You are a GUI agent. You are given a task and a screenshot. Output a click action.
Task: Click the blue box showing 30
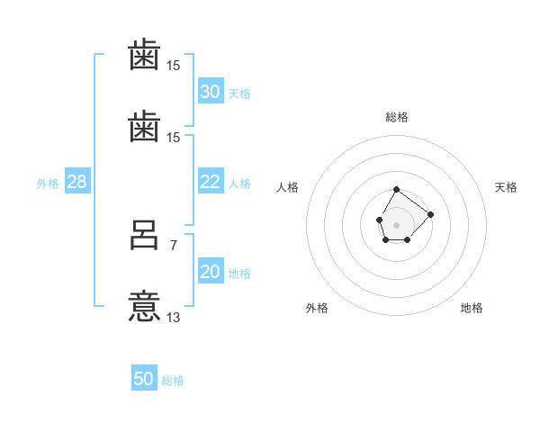[x=211, y=91]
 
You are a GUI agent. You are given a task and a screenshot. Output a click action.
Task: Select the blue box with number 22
[x=211, y=181]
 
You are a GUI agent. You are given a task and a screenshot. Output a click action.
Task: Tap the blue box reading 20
[x=211, y=270]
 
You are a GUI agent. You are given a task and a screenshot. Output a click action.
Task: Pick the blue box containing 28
[x=77, y=181]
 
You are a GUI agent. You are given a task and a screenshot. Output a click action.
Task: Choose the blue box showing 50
[x=144, y=377]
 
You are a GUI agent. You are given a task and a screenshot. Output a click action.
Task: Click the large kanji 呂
[x=144, y=235]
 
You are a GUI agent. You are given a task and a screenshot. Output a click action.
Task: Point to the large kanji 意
[x=144, y=306]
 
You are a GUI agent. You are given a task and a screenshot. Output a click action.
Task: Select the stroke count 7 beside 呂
[x=174, y=246]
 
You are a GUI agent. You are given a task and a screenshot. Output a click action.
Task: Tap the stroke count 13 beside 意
[x=173, y=317]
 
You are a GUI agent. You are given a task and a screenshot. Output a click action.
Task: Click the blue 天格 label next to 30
[x=239, y=94]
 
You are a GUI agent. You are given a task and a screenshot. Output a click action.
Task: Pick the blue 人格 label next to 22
[x=239, y=184]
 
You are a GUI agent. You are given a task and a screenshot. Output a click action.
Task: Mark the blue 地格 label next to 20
[x=239, y=274]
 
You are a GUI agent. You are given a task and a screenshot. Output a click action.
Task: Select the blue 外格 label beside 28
[x=48, y=184]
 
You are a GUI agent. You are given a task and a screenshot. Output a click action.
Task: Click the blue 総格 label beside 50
[x=173, y=381]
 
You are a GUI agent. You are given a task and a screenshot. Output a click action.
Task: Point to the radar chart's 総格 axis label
[x=397, y=117]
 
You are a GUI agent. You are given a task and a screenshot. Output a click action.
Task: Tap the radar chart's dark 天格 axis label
[x=506, y=187]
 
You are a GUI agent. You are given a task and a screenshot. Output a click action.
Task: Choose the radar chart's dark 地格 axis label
[x=472, y=308]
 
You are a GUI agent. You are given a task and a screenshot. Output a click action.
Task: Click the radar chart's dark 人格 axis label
[x=287, y=187]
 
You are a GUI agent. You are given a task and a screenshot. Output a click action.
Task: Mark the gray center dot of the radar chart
[x=396, y=225]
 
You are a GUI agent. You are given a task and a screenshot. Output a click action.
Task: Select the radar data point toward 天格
[x=430, y=214]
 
